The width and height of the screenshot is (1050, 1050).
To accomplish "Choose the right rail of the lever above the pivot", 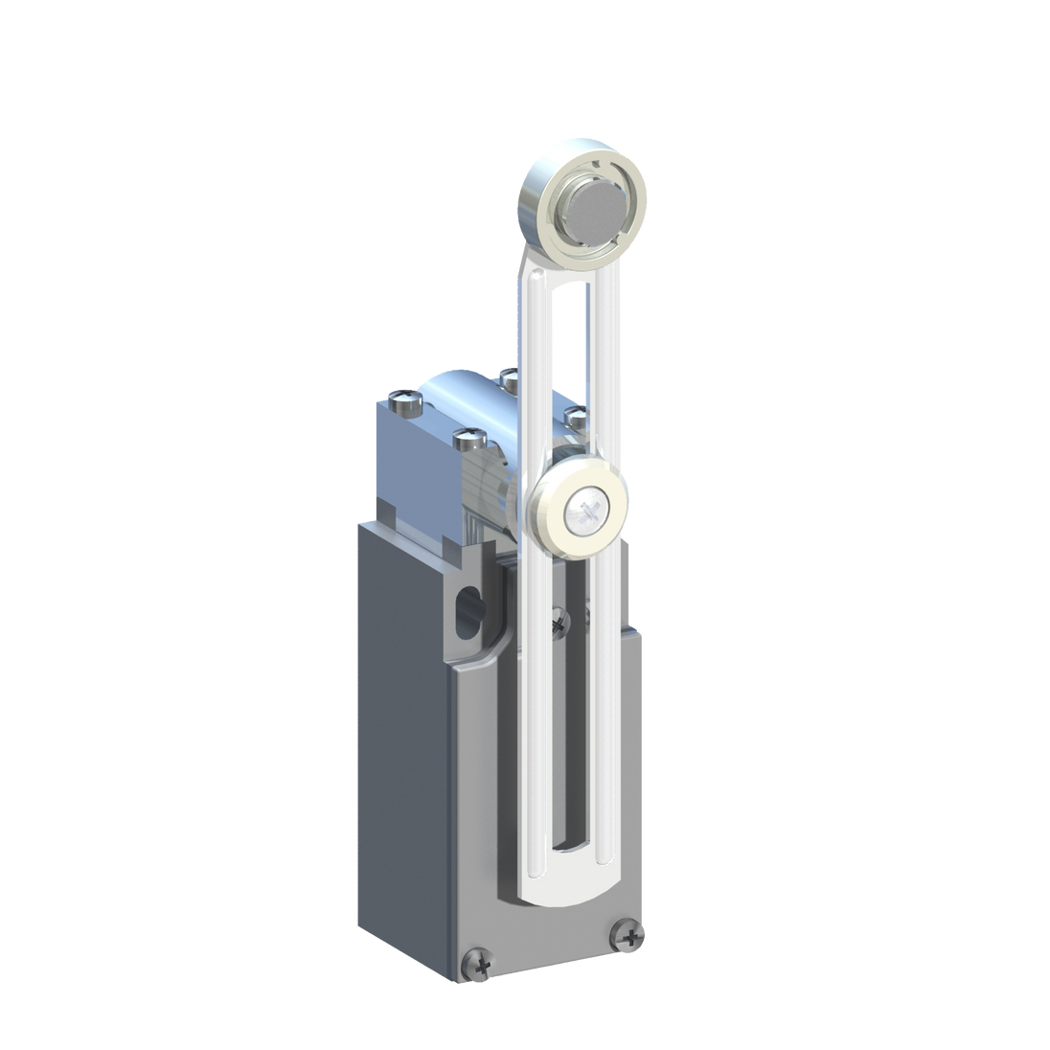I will [613, 383].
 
